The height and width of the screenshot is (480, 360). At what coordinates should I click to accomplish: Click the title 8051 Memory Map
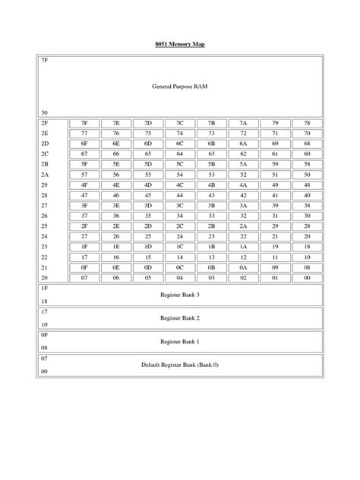coord(180,45)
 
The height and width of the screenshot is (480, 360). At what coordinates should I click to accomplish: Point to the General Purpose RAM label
coord(180,87)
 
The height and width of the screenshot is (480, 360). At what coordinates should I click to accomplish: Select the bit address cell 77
coord(84,132)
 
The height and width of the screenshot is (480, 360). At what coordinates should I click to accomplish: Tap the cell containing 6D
coord(148,143)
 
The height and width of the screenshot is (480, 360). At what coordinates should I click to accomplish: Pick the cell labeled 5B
coord(211,163)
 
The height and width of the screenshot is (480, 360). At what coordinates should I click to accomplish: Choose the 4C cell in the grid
coord(180,185)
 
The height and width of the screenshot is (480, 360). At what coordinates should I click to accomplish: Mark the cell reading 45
coord(148,194)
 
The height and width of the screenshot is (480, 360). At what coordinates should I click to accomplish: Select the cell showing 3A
coord(243,205)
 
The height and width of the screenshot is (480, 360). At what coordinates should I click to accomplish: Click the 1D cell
coord(148,247)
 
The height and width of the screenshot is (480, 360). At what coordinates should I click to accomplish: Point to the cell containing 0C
coord(180,267)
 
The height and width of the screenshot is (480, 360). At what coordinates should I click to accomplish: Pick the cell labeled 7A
coord(243,122)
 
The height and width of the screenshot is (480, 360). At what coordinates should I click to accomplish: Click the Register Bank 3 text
coord(180,294)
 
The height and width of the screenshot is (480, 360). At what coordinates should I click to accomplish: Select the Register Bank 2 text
coord(180,317)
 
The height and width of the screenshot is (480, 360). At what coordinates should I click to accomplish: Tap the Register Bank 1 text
coord(180,341)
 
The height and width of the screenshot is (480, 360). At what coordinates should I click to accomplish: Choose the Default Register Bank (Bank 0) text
coord(180,365)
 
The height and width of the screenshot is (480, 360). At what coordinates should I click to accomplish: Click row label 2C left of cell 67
coord(45,153)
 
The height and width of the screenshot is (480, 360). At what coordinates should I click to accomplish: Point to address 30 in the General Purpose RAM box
coord(44,112)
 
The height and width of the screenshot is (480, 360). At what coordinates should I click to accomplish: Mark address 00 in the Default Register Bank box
coord(44,371)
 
